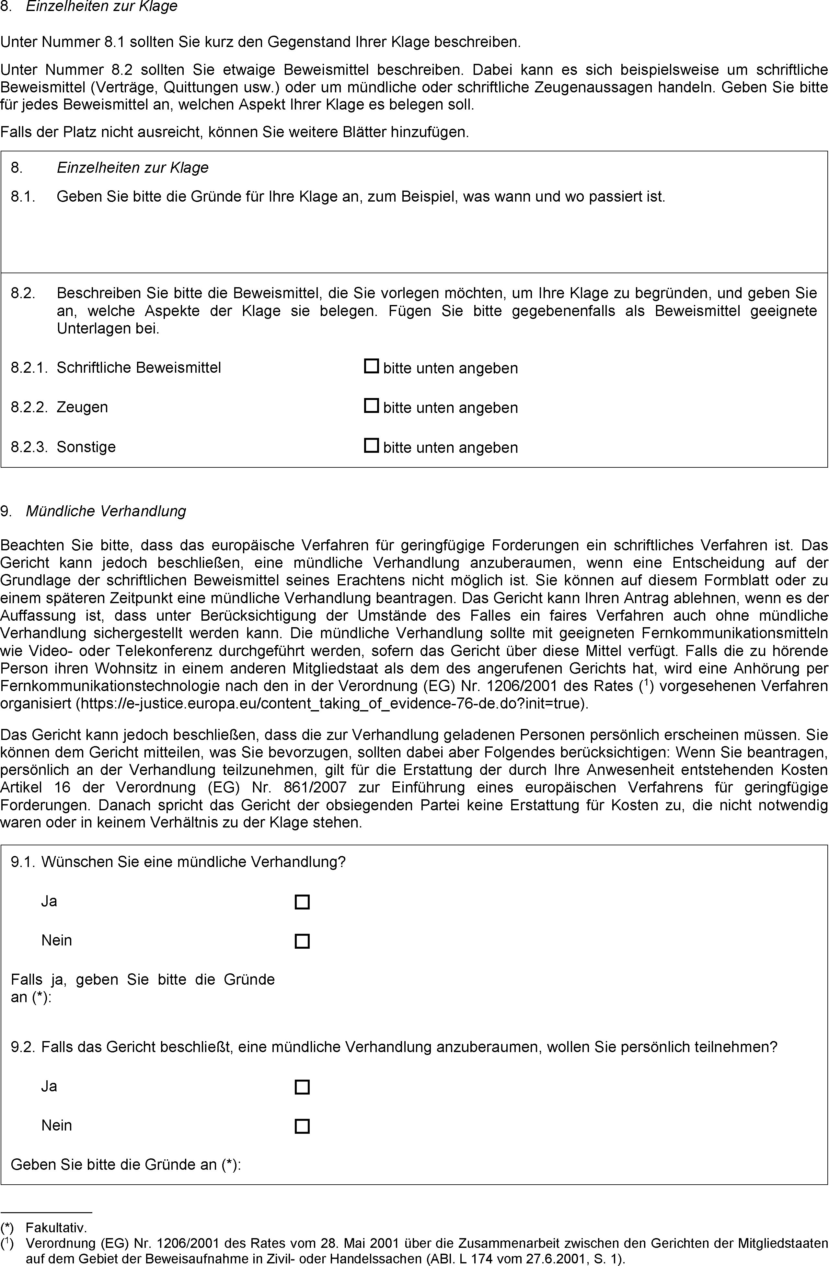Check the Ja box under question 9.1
(302, 902)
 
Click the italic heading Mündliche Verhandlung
(106, 511)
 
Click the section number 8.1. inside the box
(23, 197)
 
